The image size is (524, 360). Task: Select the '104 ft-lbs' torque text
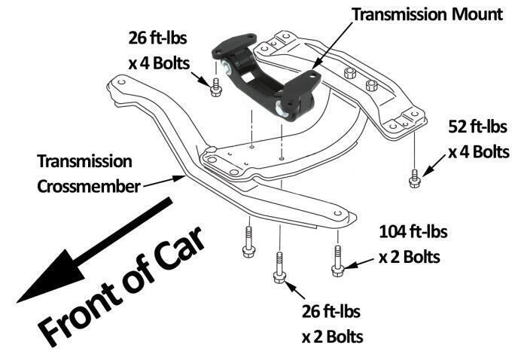click(410, 232)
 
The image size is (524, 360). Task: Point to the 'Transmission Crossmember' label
click(84, 172)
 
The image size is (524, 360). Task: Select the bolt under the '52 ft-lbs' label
click(414, 179)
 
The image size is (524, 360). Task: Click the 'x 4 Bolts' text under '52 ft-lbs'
click(480, 151)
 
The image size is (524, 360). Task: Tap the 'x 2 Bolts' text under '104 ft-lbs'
click(410, 257)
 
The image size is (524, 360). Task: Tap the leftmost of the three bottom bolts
click(246, 249)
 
